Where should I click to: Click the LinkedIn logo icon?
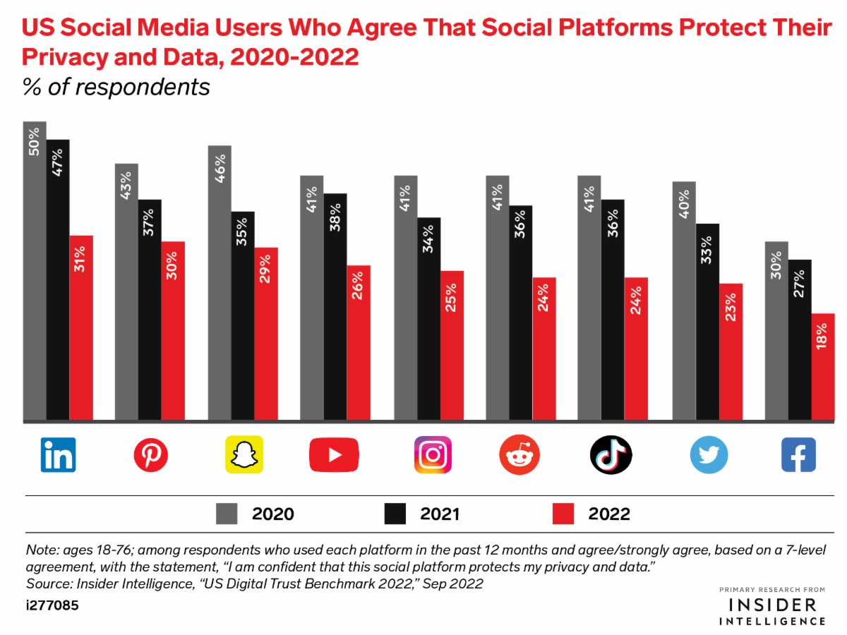coord(59,454)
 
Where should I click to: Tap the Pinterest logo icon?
coord(151,454)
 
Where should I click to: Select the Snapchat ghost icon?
coord(244,454)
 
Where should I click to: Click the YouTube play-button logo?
coord(335,454)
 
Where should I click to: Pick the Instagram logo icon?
coord(432,454)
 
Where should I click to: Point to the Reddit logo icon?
coord(519,455)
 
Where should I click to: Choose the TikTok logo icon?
coord(611,454)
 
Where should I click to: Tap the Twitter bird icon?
coord(708,455)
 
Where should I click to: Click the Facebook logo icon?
coord(798,454)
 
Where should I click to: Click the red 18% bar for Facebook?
coord(824,367)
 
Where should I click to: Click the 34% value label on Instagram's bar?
coord(428,242)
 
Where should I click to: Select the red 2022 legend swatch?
coord(563,514)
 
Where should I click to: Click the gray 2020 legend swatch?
coord(227,514)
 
